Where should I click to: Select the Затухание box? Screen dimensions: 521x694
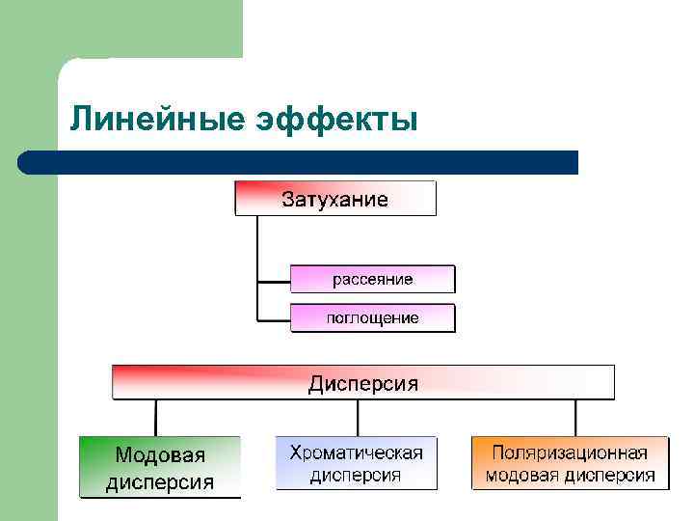pyautogui.click(x=335, y=200)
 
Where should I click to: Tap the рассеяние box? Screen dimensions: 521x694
pyautogui.click(x=372, y=279)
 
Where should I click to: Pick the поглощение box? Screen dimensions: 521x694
pyautogui.click(x=372, y=318)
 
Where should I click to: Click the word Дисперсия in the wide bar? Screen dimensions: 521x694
pyautogui.click(x=363, y=384)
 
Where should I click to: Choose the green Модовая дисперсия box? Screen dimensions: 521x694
pyautogui.click(x=160, y=467)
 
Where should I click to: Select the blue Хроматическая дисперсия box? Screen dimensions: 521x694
pyautogui.click(x=357, y=463)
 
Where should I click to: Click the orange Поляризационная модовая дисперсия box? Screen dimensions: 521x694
pyautogui.click(x=570, y=463)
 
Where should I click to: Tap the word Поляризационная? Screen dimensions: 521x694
pyautogui.click(x=570, y=452)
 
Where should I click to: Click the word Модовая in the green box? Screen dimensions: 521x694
pyautogui.click(x=160, y=454)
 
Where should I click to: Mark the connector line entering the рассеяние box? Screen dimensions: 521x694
pyautogui.click(x=274, y=280)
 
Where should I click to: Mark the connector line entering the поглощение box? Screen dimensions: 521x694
pyautogui.click(x=274, y=319)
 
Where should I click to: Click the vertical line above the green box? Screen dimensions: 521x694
pyautogui.click(x=155, y=417)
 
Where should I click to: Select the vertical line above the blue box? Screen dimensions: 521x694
pyautogui.click(x=358, y=417)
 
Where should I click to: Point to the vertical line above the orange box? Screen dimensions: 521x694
pyautogui.click(x=575, y=417)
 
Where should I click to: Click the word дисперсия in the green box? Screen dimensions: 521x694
pyautogui.click(x=160, y=481)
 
